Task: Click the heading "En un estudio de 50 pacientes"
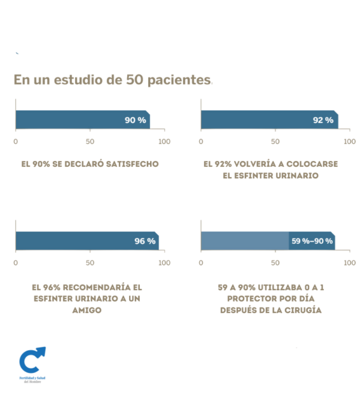[112, 80]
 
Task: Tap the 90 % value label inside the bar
[135, 120]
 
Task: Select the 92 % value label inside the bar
[323, 120]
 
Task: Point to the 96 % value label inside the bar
[145, 241]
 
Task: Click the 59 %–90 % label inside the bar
[312, 241]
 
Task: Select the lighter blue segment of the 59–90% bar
[244, 241]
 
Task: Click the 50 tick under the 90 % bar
[90, 142]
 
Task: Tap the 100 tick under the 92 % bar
[350, 142]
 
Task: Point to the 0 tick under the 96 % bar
[16, 262]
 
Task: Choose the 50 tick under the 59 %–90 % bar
[275, 262]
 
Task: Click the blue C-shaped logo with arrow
[32, 359]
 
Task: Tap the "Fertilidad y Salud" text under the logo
[32, 378]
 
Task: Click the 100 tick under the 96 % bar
[164, 262]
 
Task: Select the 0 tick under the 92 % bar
[201, 142]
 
